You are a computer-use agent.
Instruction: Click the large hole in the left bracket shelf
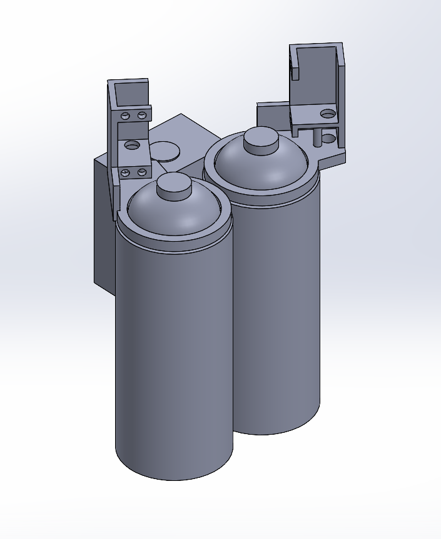click(x=133, y=145)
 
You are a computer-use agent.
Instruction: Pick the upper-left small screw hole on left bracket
click(x=126, y=116)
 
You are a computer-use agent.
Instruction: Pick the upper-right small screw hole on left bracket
click(x=142, y=115)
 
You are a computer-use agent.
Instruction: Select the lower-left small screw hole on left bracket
click(x=126, y=172)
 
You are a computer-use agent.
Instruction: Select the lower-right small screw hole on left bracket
click(x=142, y=171)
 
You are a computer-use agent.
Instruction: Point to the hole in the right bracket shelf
click(x=327, y=114)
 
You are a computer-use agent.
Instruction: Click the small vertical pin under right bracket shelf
click(x=317, y=137)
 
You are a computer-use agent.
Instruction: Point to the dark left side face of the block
click(x=103, y=225)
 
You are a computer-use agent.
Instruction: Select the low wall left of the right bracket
click(x=272, y=116)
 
